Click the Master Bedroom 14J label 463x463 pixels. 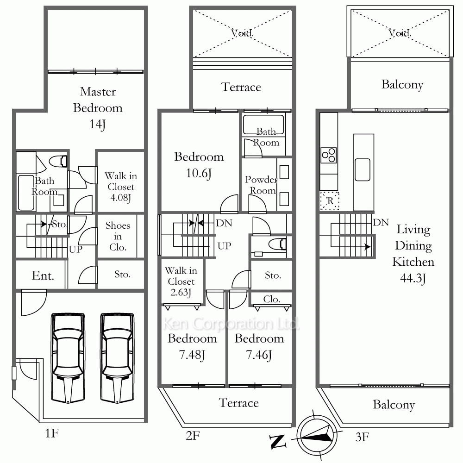pyautogui.click(x=98, y=108)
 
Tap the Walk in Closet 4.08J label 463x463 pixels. pyautogui.click(x=121, y=187)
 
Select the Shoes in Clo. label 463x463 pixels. pyautogui.click(x=118, y=236)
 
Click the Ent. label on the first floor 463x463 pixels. pyautogui.click(x=43, y=275)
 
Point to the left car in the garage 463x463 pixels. pyautogui.click(x=68, y=358)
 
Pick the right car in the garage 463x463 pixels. pyautogui.click(x=117, y=358)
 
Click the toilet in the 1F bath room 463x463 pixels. pyautogui.click(x=58, y=161)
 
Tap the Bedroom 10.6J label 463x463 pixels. pyautogui.click(x=199, y=165)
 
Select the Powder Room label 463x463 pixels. pyautogui.click(x=261, y=185)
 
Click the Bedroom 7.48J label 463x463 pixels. pyautogui.click(x=192, y=346)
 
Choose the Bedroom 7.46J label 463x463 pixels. pyautogui.click(x=259, y=346)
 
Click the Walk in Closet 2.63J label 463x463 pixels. pyautogui.click(x=181, y=282)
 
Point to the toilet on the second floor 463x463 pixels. pyautogui.click(x=277, y=244)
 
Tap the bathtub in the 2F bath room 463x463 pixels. pyautogui.click(x=263, y=125)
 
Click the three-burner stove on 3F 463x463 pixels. pyautogui.click(x=329, y=155)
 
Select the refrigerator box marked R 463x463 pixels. pyautogui.click(x=330, y=201)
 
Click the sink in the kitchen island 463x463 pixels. pyautogui.click(x=363, y=170)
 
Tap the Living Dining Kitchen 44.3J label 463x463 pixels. pyautogui.click(x=413, y=254)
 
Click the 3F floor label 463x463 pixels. pyautogui.click(x=362, y=437)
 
